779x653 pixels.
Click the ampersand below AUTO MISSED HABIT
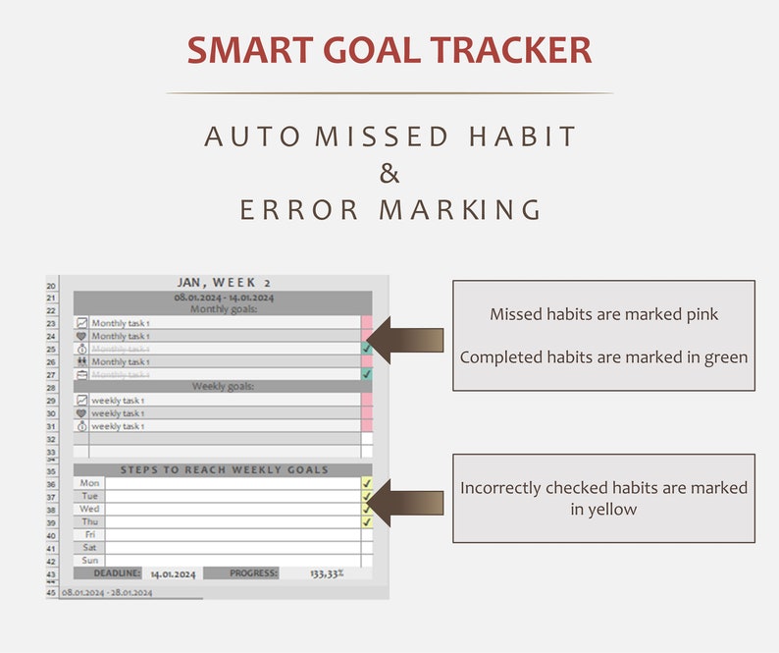[389, 173]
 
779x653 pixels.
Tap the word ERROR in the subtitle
[298, 210]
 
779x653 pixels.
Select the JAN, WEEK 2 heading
[224, 283]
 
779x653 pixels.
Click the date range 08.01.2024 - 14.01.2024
[224, 297]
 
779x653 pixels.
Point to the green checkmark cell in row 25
[366, 349]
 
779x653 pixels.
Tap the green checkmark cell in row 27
[366, 374]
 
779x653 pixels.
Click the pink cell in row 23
[366, 322]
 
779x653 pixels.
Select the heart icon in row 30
[81, 413]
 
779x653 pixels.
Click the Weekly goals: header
[224, 387]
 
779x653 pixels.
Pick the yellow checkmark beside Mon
[366, 483]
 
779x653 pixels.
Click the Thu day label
[89, 521]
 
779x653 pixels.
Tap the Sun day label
[89, 560]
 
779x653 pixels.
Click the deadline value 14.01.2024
[173, 573]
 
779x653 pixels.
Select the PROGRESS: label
[254, 573]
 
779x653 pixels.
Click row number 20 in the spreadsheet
[51, 285]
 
